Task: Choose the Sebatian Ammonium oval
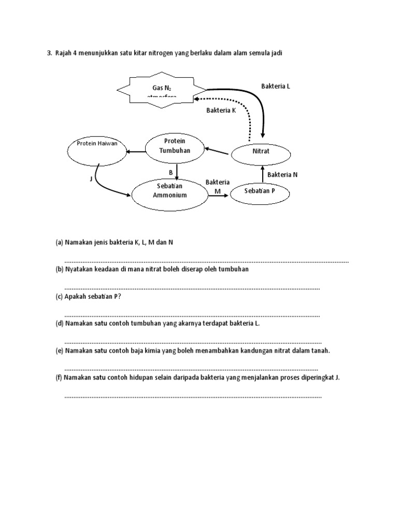click(166, 194)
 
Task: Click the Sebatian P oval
click(260, 191)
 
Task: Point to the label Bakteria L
click(276, 87)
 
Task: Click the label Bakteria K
click(221, 110)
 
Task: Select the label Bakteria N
click(282, 175)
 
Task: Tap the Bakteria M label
click(218, 186)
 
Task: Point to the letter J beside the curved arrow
click(91, 179)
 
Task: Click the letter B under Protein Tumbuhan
click(170, 172)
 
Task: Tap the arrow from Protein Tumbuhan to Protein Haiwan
click(136, 151)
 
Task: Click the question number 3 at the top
click(49, 53)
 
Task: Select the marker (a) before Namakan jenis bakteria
click(59, 242)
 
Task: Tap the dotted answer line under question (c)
click(192, 315)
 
